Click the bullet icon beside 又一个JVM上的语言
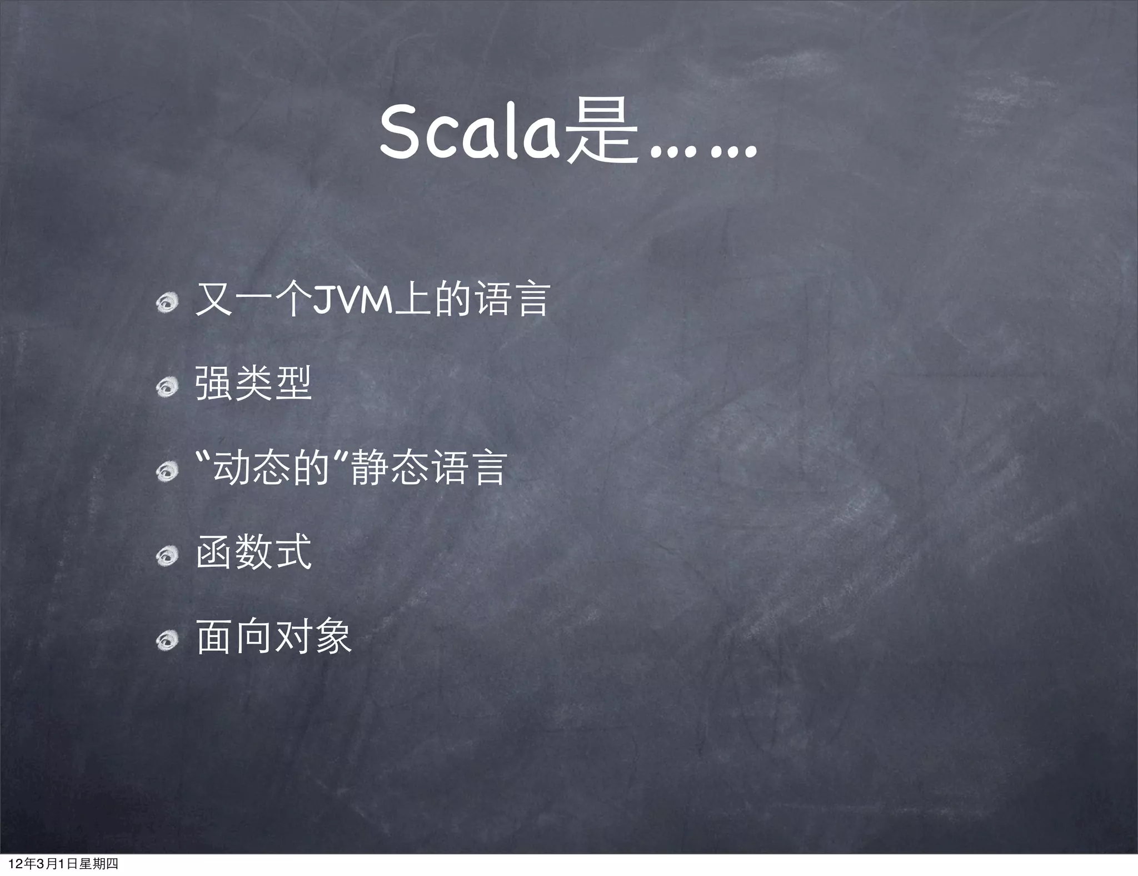[x=166, y=302]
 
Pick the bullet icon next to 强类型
[x=166, y=386]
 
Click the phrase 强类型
[x=253, y=384]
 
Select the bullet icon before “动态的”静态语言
[x=166, y=471]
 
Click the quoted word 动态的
[x=272, y=469]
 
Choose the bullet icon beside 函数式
[x=166, y=555]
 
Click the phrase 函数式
[x=253, y=553]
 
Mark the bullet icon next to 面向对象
[x=166, y=640]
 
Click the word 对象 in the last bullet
[x=313, y=637]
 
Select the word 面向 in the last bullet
[x=234, y=637]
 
